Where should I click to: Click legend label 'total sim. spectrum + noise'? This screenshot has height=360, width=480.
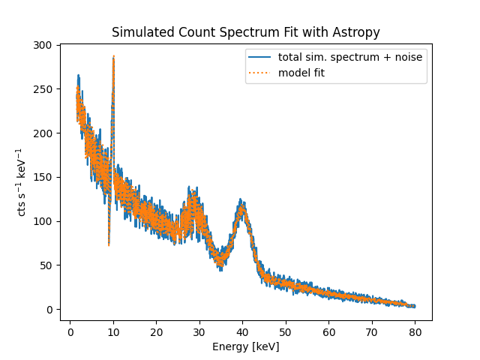[349, 57]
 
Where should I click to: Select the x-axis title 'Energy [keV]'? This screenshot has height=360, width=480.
[245, 346]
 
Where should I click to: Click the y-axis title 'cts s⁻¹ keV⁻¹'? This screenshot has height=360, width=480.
[22, 182]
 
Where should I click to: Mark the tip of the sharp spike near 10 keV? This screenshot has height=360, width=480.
[113, 56]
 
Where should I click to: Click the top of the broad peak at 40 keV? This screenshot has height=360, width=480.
[241, 200]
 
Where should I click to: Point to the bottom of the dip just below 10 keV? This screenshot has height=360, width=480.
[109, 244]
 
